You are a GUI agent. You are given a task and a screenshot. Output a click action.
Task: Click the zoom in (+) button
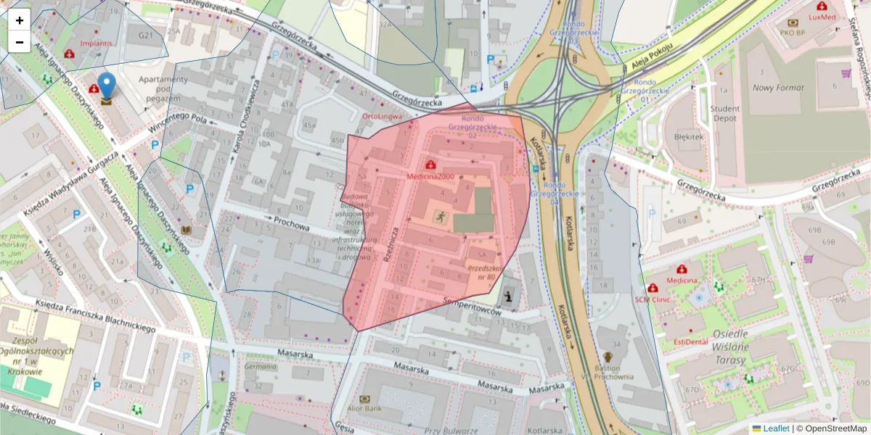[x=20, y=20]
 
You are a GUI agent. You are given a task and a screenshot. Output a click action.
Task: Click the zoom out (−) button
[x=20, y=42]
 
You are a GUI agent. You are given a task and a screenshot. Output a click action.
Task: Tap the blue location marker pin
[x=107, y=86]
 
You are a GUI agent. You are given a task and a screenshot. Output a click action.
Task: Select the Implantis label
[x=96, y=43]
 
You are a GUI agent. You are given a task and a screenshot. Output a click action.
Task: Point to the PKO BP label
[x=793, y=32]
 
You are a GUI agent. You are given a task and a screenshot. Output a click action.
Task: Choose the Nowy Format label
[x=777, y=88]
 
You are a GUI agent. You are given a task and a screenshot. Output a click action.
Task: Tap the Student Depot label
[x=725, y=114]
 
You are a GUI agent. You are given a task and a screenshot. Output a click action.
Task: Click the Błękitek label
[x=689, y=136]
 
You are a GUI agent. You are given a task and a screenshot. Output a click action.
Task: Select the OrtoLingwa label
[x=382, y=116]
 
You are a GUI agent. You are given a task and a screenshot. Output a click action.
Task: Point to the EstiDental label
[x=690, y=341]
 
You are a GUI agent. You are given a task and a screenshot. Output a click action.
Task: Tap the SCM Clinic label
[x=652, y=299]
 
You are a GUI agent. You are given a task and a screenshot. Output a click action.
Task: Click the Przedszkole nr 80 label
[x=481, y=272]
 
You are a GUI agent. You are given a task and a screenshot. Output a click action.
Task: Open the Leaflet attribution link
[x=776, y=428]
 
